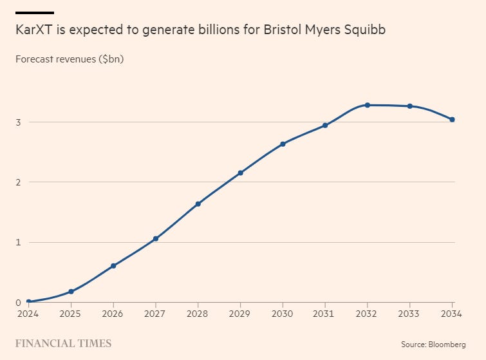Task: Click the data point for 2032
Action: click(368, 105)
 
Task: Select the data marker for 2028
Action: click(198, 204)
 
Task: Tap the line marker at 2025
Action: click(71, 292)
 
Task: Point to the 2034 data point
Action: click(452, 120)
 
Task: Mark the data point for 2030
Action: click(283, 144)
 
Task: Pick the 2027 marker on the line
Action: click(156, 239)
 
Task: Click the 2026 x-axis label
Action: click(113, 314)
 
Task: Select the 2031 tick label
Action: click(325, 314)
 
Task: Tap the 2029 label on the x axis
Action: click(240, 314)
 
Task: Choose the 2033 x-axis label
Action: click(410, 314)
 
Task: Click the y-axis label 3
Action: click(18, 122)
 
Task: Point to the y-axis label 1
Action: click(18, 243)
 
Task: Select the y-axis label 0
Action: click(18, 303)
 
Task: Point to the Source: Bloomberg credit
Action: click(433, 345)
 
